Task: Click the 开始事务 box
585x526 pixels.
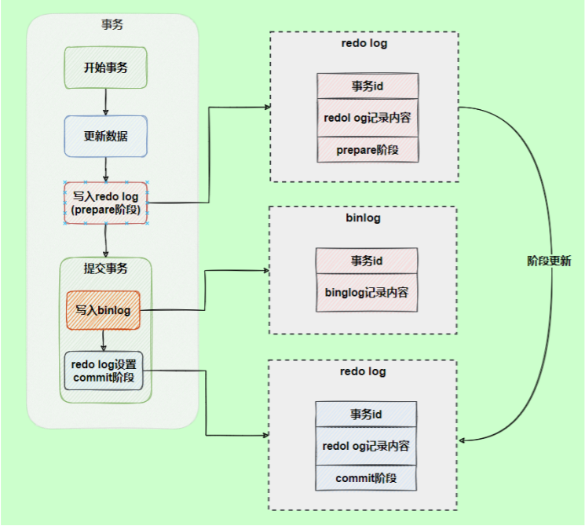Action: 106,68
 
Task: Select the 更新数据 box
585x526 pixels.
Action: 106,136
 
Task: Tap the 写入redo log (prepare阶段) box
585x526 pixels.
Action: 106,203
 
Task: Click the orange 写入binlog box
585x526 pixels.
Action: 103,311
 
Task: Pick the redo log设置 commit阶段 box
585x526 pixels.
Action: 104,371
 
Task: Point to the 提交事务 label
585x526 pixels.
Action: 106,268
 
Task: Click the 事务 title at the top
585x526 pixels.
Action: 112,25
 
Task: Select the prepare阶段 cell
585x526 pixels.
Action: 367,149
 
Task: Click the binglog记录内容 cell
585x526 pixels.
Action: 367,292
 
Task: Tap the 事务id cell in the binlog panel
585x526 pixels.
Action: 367,261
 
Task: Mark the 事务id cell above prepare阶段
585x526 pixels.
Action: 367,86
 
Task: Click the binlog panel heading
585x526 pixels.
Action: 363,217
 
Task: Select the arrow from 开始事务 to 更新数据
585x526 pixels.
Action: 106,101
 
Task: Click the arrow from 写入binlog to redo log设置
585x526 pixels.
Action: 104,340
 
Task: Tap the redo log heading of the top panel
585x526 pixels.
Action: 364,43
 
